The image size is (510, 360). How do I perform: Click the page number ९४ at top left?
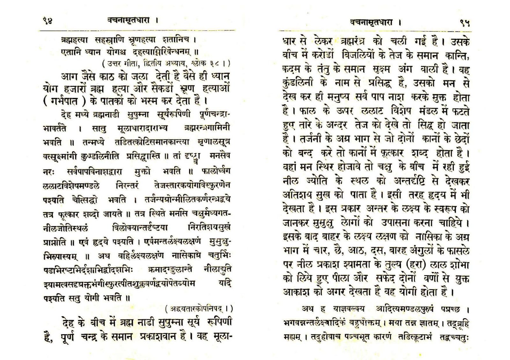click(x=47, y=21)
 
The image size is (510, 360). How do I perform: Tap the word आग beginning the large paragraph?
click(x=68, y=76)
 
